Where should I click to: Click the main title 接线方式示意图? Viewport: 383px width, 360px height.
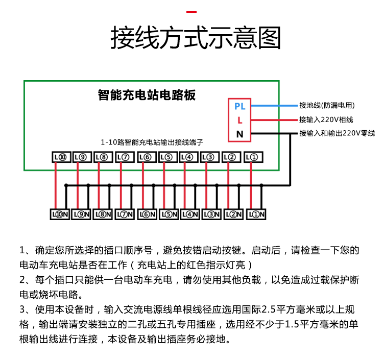(x=196, y=38)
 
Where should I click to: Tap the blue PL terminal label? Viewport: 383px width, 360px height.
(x=240, y=106)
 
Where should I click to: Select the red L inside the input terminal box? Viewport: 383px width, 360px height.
(x=240, y=120)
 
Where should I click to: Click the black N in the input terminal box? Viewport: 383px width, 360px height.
(x=240, y=134)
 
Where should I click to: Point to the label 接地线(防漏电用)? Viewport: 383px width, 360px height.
(x=327, y=105)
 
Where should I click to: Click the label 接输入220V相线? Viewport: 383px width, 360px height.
(x=326, y=119)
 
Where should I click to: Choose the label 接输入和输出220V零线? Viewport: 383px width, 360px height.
(x=337, y=133)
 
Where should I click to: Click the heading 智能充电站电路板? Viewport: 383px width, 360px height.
(x=147, y=95)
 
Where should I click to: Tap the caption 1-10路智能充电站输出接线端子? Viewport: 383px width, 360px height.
(x=152, y=142)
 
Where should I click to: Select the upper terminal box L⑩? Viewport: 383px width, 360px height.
(x=61, y=157)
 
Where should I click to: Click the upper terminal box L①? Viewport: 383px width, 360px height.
(x=253, y=157)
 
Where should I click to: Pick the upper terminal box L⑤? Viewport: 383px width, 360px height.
(x=168, y=157)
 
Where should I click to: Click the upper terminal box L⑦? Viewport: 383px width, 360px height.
(x=125, y=157)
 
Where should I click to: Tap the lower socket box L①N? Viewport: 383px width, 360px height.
(x=256, y=214)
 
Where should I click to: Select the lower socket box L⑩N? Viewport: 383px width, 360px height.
(x=60, y=214)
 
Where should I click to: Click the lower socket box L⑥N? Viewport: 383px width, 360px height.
(x=147, y=214)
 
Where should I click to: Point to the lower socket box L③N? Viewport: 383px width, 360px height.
(x=211, y=214)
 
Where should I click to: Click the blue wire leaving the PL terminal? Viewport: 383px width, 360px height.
(x=274, y=106)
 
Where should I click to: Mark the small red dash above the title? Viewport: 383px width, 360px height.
(x=192, y=12)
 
